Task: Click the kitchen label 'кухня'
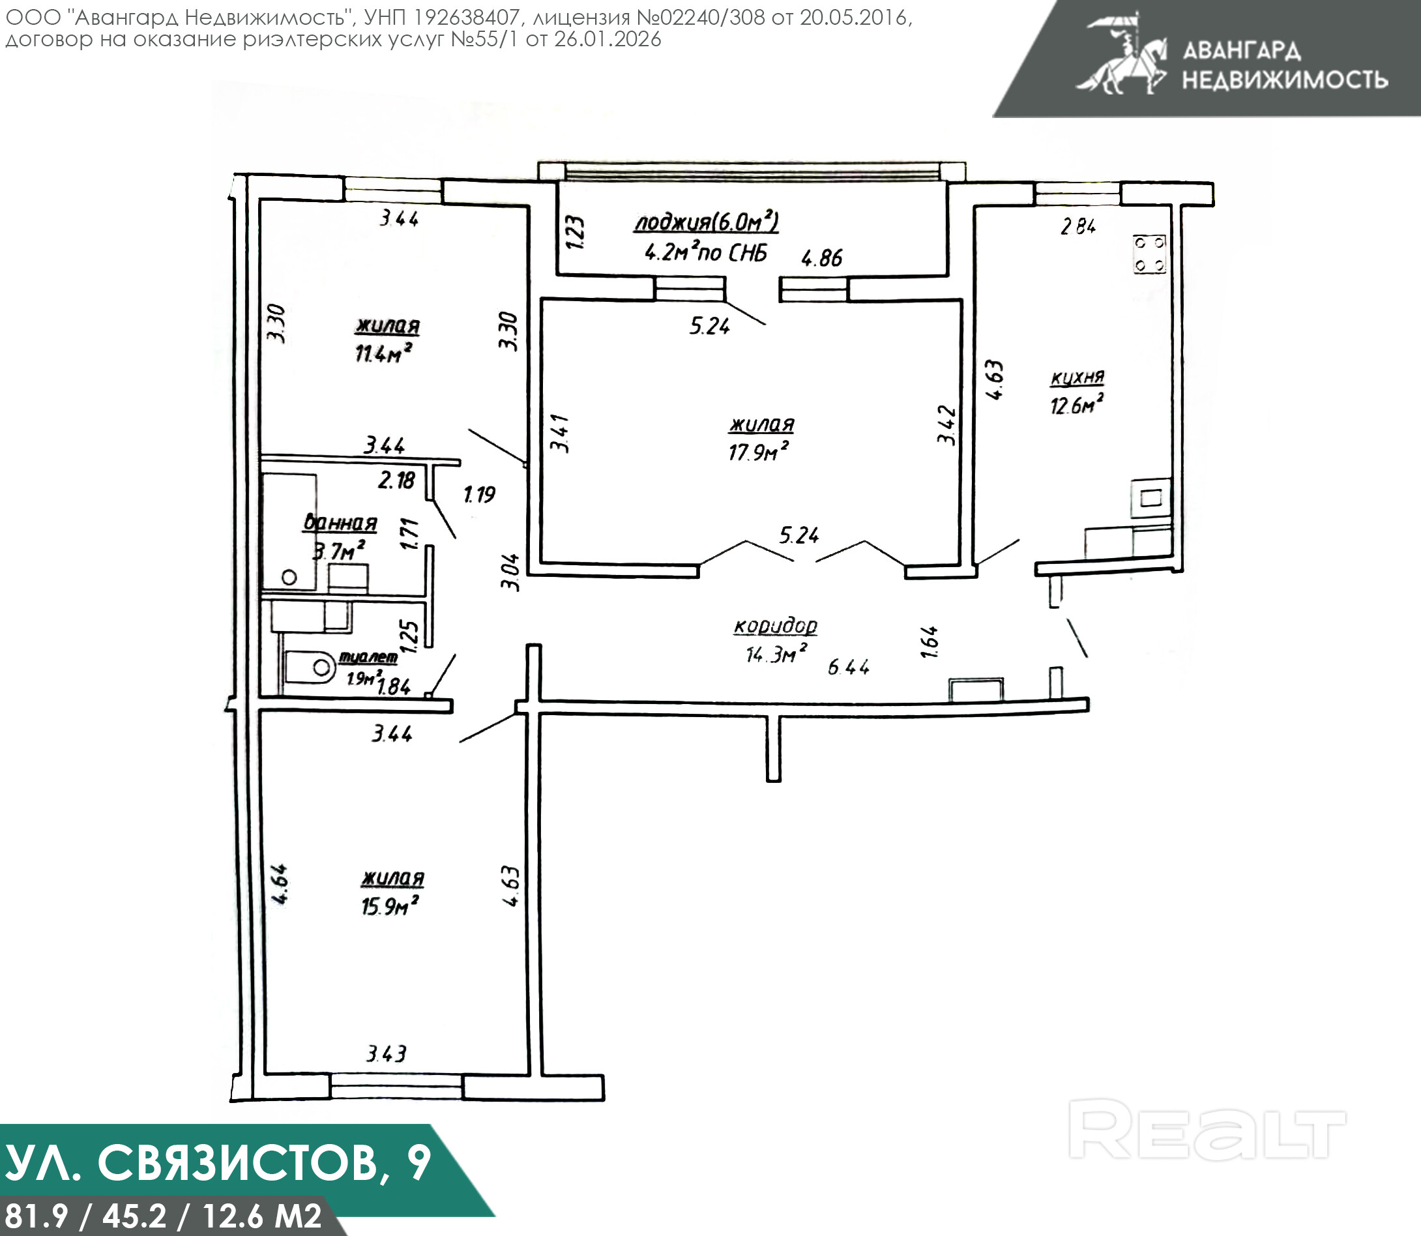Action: click(1077, 377)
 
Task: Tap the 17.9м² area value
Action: click(758, 452)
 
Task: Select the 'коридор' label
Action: click(775, 626)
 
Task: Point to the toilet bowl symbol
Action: click(311, 666)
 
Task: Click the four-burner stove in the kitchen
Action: click(1149, 254)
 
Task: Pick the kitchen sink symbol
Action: click(1150, 498)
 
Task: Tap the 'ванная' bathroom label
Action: click(340, 523)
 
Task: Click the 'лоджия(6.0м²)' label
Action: click(707, 222)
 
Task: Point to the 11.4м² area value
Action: click(383, 353)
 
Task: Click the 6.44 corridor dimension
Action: click(849, 667)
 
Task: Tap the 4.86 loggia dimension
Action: click(821, 258)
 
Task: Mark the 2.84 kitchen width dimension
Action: click(1078, 226)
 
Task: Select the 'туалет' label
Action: click(368, 657)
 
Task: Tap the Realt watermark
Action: click(1207, 1131)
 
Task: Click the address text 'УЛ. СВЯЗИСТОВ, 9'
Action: click(218, 1162)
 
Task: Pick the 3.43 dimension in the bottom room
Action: click(386, 1053)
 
